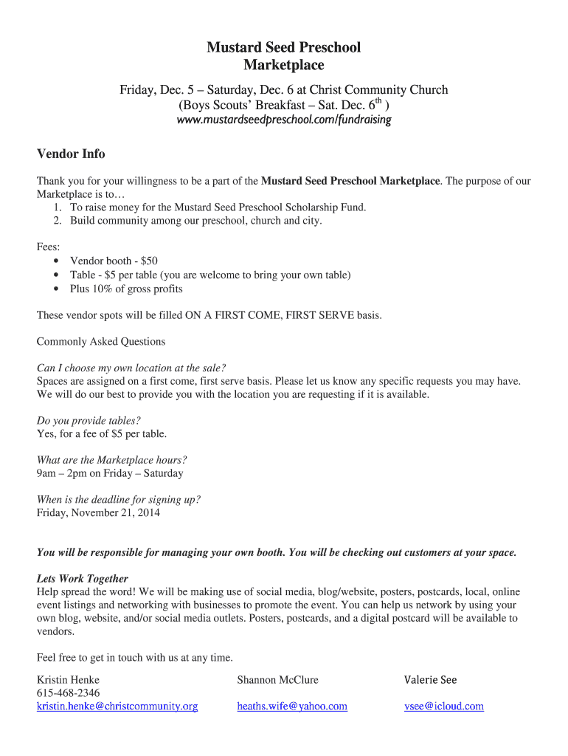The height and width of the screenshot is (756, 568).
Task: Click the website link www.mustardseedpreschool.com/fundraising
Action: tap(284, 120)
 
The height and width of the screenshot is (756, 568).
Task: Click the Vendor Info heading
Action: tap(71, 154)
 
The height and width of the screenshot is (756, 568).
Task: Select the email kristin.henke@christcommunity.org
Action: tap(117, 706)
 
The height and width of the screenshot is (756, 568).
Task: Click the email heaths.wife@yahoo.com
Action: tap(292, 706)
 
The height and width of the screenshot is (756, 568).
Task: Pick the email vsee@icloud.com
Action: tap(444, 706)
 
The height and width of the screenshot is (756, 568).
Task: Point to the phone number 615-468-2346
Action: tap(68, 693)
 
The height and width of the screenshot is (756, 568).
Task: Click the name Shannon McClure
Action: tap(278, 679)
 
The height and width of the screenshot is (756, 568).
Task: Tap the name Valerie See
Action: tap(431, 679)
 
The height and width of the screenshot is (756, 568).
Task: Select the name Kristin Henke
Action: tap(68, 679)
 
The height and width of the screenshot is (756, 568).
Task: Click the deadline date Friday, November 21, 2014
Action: tap(98, 512)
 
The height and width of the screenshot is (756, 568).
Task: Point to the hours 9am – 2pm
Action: tap(63, 473)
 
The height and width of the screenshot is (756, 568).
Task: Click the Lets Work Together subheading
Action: tap(83, 579)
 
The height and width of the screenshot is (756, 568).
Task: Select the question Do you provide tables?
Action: tap(89, 421)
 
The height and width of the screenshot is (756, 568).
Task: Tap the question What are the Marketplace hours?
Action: tap(107, 460)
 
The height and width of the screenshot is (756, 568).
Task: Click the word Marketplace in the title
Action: tap(284, 66)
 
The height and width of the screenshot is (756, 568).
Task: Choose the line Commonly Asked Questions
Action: tap(101, 342)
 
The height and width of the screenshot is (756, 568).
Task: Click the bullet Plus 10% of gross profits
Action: tap(126, 289)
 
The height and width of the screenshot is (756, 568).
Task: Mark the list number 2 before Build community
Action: tap(57, 221)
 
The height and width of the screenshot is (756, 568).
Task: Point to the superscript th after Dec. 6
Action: tap(379, 100)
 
